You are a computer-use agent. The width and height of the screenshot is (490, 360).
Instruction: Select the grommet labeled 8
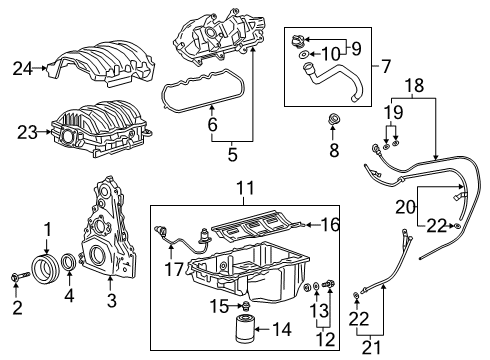pos(334,124)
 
